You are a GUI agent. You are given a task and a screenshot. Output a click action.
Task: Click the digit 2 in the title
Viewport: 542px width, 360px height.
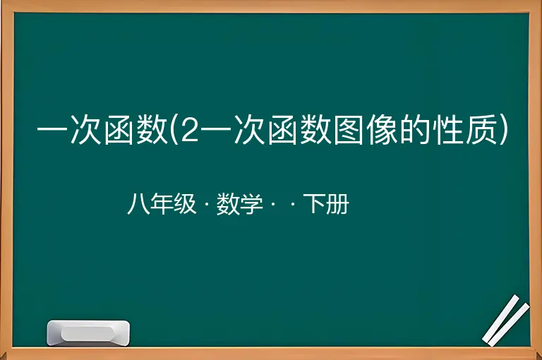tap(190, 130)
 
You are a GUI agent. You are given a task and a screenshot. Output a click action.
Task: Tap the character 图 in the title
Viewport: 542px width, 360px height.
tap(348, 130)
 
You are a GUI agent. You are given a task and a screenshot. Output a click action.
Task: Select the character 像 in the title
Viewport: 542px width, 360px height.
tap(381, 130)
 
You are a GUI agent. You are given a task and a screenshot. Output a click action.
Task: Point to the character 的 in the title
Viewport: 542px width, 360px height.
tap(415, 130)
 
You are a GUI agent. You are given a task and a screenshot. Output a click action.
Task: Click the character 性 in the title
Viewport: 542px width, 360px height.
tap(448, 130)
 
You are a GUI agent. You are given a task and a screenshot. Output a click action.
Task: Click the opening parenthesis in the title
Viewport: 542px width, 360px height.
tap(174, 130)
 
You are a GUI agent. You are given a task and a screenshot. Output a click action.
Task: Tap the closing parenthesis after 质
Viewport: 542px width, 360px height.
tap(504, 130)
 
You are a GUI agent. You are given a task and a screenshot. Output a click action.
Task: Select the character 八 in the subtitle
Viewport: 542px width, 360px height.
tap(138, 204)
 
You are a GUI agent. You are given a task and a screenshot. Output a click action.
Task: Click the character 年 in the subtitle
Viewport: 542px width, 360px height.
tap(162, 204)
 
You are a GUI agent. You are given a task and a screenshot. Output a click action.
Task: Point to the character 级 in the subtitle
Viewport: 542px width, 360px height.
tap(185, 204)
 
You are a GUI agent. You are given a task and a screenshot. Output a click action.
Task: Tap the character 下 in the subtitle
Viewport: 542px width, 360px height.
tap(314, 204)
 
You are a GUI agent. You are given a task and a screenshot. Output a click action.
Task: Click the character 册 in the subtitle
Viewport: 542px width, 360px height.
tap(337, 204)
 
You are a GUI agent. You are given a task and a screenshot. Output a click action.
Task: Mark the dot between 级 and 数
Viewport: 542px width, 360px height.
tap(207, 205)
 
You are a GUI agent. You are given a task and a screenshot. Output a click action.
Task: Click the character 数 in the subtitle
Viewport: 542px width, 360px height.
tap(228, 204)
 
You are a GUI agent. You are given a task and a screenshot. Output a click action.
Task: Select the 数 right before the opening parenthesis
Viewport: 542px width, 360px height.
tap(152, 130)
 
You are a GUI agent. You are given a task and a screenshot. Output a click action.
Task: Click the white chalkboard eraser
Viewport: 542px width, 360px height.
tap(88, 333)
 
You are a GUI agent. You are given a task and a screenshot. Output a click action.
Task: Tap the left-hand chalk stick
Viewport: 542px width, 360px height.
tap(501, 318)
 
